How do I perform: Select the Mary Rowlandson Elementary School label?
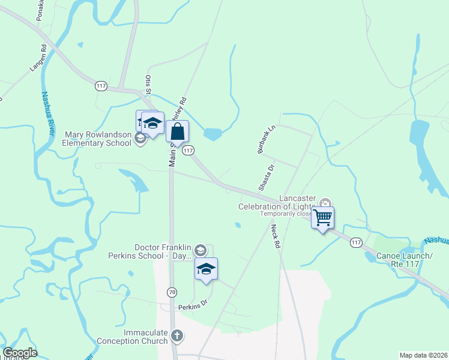click(97, 139)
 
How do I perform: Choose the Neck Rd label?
click(275, 236)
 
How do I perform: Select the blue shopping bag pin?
click(178, 131)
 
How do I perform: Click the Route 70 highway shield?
click(172, 292)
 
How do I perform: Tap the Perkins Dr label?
click(192, 305)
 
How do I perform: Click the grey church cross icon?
click(176, 335)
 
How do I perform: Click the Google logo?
click(20, 353)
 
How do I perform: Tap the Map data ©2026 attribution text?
click(423, 355)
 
